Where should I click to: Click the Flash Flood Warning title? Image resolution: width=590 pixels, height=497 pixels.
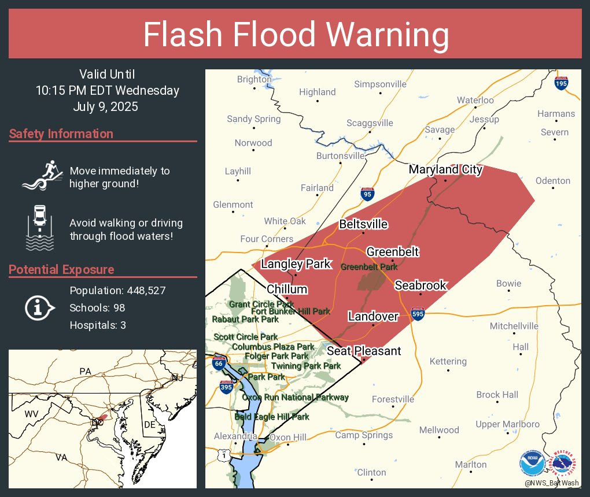click(296, 35)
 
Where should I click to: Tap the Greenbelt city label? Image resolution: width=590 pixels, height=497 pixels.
click(392, 252)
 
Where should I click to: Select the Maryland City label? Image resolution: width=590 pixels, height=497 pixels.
click(445, 169)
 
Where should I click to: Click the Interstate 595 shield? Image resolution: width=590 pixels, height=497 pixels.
click(418, 314)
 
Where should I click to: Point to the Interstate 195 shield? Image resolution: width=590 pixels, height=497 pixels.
click(560, 83)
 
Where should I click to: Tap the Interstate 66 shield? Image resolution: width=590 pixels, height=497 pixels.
click(218, 364)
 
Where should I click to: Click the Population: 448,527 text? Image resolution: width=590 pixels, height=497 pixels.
click(117, 290)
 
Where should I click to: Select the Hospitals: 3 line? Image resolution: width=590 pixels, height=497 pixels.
click(98, 325)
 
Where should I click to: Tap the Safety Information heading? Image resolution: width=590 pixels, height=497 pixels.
click(61, 134)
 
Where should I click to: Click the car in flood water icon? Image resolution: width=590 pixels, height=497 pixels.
click(40, 227)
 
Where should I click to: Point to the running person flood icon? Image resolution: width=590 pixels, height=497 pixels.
click(40, 175)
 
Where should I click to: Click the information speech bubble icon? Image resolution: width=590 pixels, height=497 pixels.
click(39, 307)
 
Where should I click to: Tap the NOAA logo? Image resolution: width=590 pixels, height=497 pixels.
click(532, 463)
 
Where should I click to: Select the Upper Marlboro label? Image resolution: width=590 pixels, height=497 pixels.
click(507, 424)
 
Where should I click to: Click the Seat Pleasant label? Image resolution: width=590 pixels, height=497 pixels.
click(364, 351)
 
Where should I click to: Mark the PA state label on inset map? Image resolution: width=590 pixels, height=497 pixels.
click(86, 371)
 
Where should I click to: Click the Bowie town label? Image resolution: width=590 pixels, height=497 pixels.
click(508, 284)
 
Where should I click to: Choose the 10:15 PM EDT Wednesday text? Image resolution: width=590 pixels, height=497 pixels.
click(107, 90)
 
